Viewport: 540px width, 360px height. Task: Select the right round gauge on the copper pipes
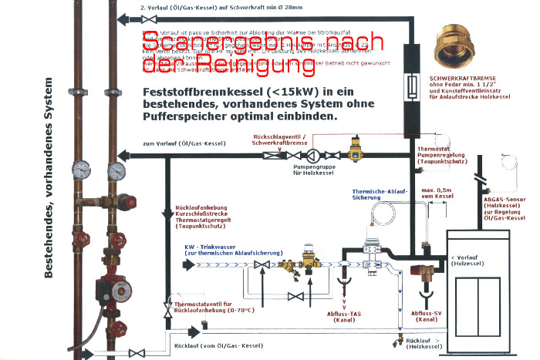[116, 169]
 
